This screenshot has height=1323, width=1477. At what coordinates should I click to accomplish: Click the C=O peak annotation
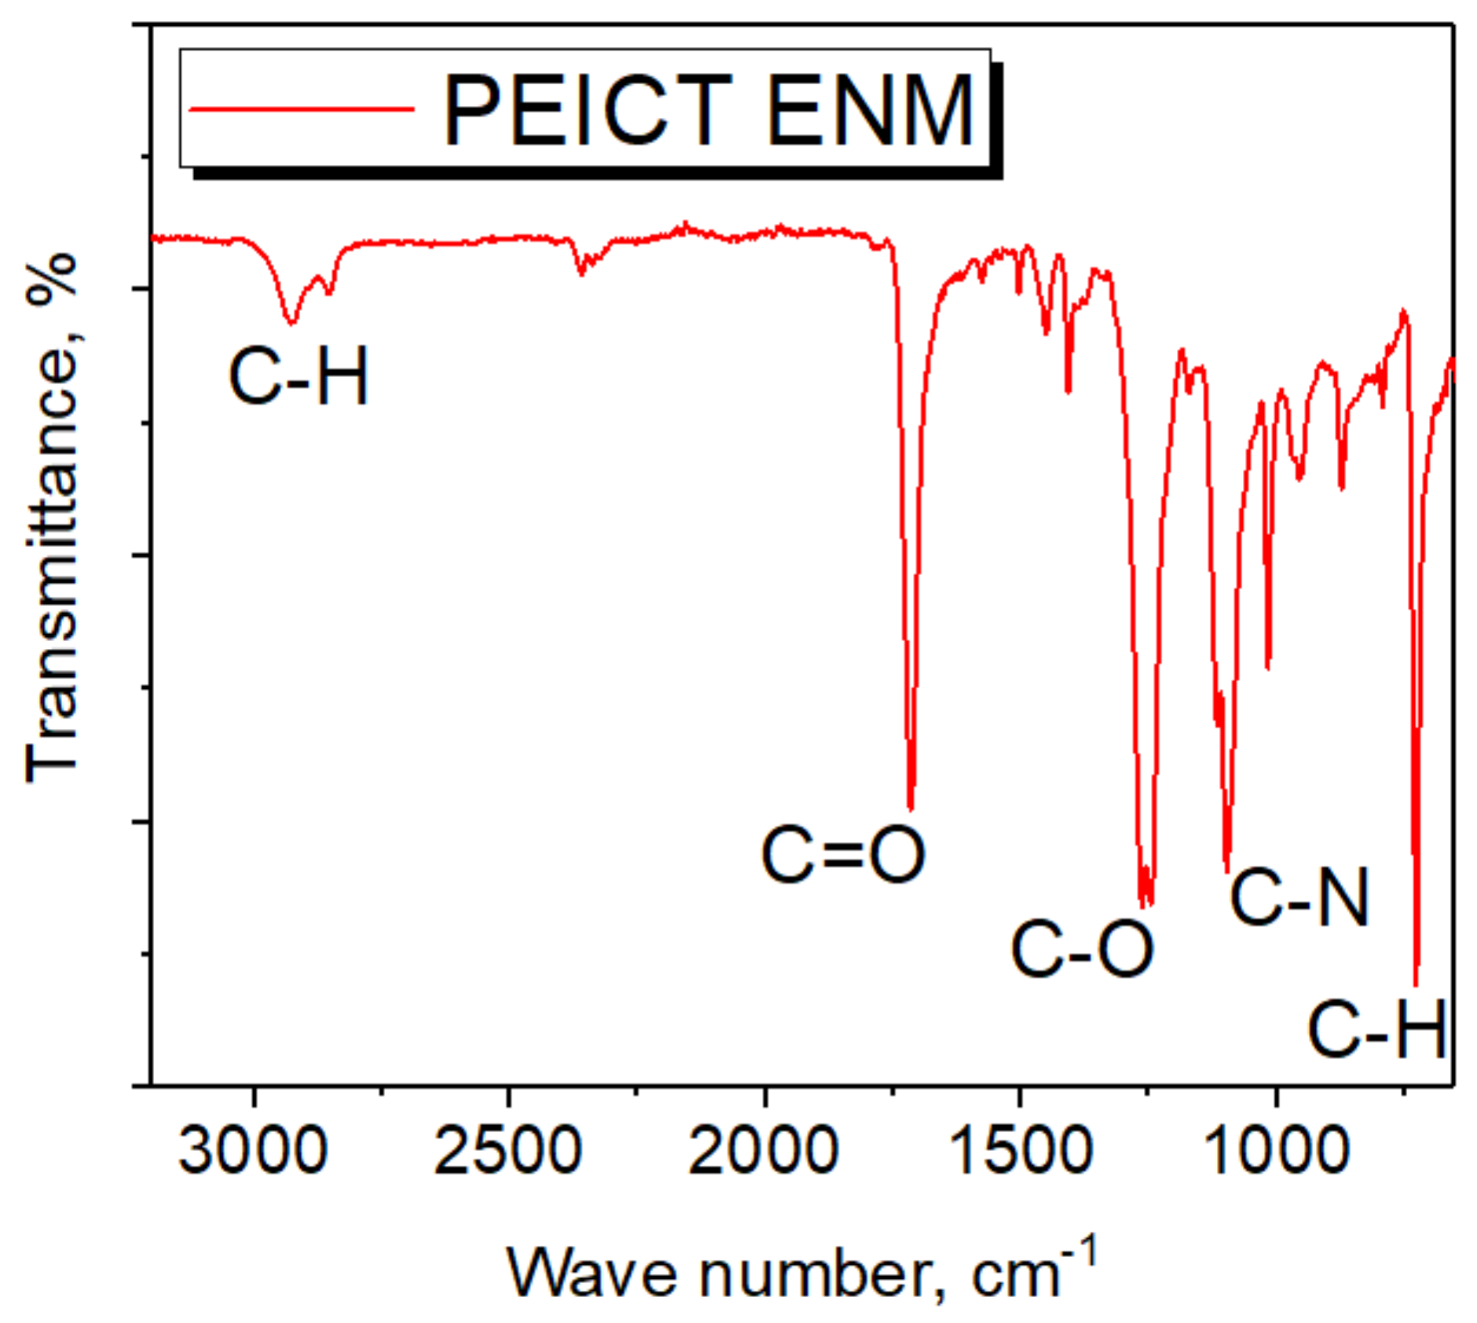coord(843,855)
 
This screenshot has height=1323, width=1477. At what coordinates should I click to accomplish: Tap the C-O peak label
coord(1082,949)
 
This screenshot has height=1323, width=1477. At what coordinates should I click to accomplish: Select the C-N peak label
coord(1299,896)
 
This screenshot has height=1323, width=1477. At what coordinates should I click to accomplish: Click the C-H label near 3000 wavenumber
coord(299,378)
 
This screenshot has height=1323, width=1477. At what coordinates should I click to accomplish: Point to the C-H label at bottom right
coord(1376,1029)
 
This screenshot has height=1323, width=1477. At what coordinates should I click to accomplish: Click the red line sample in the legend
coord(302,109)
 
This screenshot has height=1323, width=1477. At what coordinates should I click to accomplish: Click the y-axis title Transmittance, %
coord(52,519)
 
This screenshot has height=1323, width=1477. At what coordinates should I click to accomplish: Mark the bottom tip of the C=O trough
coord(911,808)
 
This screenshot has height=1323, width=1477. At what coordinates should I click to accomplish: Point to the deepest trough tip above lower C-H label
coord(1416,984)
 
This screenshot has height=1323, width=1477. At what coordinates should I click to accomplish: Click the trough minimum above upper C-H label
coord(291,323)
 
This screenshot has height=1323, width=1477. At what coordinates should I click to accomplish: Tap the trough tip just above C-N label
coord(1227,870)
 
